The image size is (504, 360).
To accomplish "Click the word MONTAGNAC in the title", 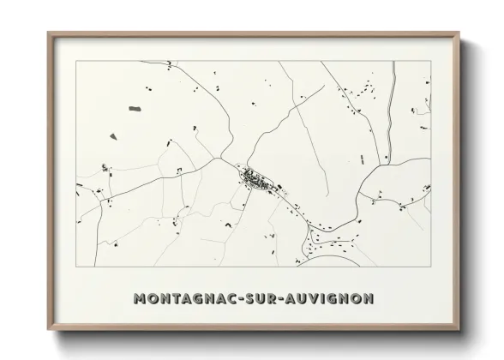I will pyautogui.click(x=184, y=299).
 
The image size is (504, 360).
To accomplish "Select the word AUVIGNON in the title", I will pyautogui.click(x=332, y=299).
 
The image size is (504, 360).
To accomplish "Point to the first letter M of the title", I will pyautogui.click(x=141, y=299).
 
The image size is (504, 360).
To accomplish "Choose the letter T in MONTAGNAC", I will pyautogui.click(x=176, y=299).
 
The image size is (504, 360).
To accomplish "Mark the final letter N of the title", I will pyautogui.click(x=368, y=299).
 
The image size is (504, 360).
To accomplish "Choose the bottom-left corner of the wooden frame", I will pyautogui.click(x=49, y=329).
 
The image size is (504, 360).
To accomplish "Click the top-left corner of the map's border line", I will pyautogui.click(x=76, y=61).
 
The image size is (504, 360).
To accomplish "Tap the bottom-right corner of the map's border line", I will pyautogui.click(x=431, y=267).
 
